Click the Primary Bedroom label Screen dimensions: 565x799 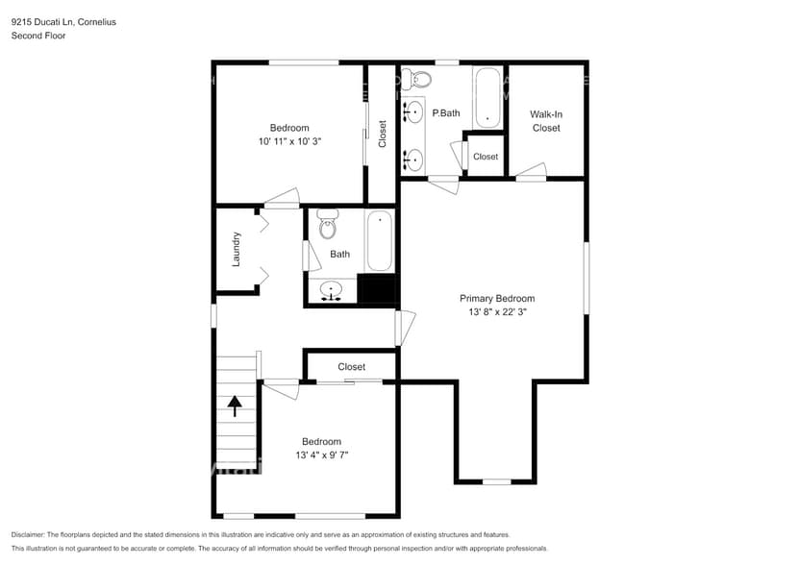coord(496,298)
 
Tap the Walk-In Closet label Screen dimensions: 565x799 coord(546,121)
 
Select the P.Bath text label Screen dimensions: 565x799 coord(446,113)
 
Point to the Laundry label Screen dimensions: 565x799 coord(237,249)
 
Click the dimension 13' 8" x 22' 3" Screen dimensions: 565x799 coord(496,311)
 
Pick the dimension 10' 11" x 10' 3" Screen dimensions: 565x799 coord(288,141)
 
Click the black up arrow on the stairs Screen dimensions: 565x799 coord(234,405)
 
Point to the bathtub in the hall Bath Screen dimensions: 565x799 coord(379,241)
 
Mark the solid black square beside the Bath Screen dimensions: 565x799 coord(376,289)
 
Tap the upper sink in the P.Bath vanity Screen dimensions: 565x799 coord(414,111)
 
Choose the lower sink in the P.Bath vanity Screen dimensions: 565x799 coord(414,160)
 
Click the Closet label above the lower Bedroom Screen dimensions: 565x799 coord(351,367)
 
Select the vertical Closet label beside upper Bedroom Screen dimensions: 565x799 coord(383,133)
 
